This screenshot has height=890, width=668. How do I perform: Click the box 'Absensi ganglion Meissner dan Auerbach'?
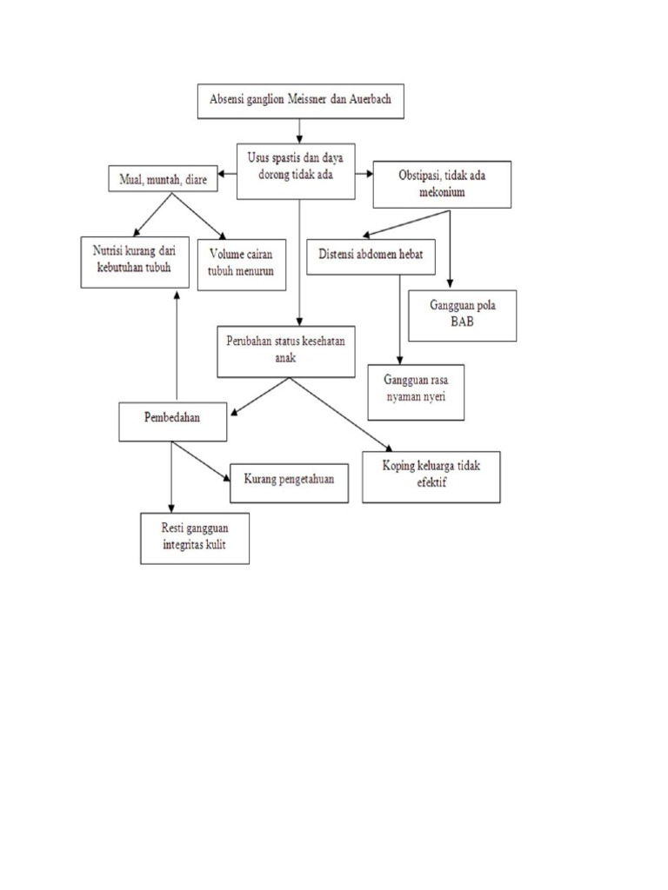pyautogui.click(x=300, y=101)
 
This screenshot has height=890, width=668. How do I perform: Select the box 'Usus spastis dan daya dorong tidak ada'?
pyautogui.click(x=299, y=169)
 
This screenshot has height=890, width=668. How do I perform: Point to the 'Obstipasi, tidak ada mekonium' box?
pyautogui.click(x=442, y=184)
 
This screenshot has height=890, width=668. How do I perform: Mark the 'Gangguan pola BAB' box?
pyautogui.click(x=462, y=315)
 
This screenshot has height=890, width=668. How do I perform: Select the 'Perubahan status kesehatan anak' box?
pyautogui.click(x=286, y=350)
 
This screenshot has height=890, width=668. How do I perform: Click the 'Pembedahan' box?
pyautogui.click(x=172, y=422)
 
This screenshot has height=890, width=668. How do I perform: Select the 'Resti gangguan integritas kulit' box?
pyautogui.click(x=194, y=538)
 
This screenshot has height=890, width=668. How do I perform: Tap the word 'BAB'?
pyautogui.click(x=462, y=322)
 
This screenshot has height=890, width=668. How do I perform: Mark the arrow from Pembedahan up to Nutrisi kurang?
pyautogui.click(x=177, y=348)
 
